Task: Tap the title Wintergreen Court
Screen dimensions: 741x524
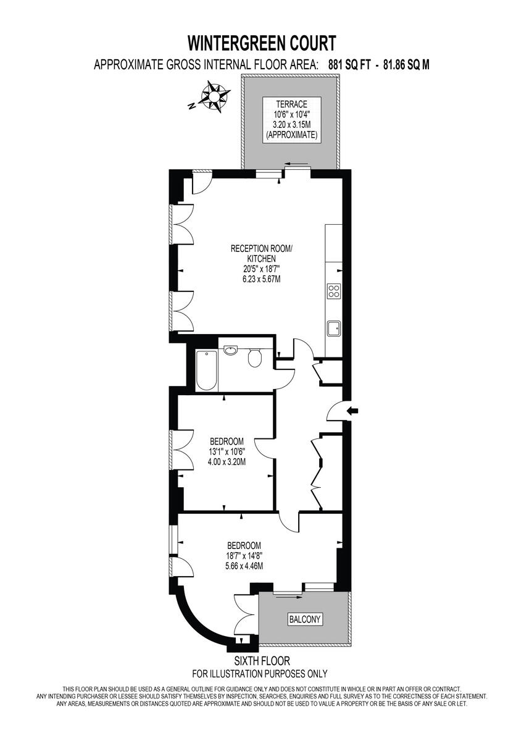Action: click(262, 43)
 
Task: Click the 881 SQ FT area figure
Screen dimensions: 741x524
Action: click(346, 64)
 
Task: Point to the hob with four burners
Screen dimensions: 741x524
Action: click(334, 291)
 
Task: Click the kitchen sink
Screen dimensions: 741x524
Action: click(334, 328)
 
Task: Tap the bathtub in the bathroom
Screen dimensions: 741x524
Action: click(206, 370)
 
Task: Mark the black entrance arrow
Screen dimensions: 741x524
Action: click(354, 411)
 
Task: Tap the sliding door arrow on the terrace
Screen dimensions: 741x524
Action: click(298, 164)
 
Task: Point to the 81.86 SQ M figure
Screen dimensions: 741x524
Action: click(406, 64)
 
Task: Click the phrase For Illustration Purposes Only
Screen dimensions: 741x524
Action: click(260, 674)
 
